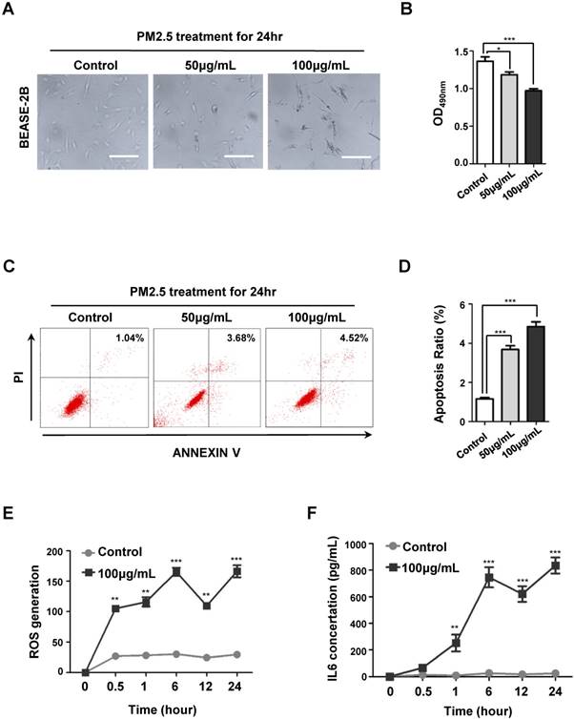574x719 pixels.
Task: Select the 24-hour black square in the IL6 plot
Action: click(x=527, y=566)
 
